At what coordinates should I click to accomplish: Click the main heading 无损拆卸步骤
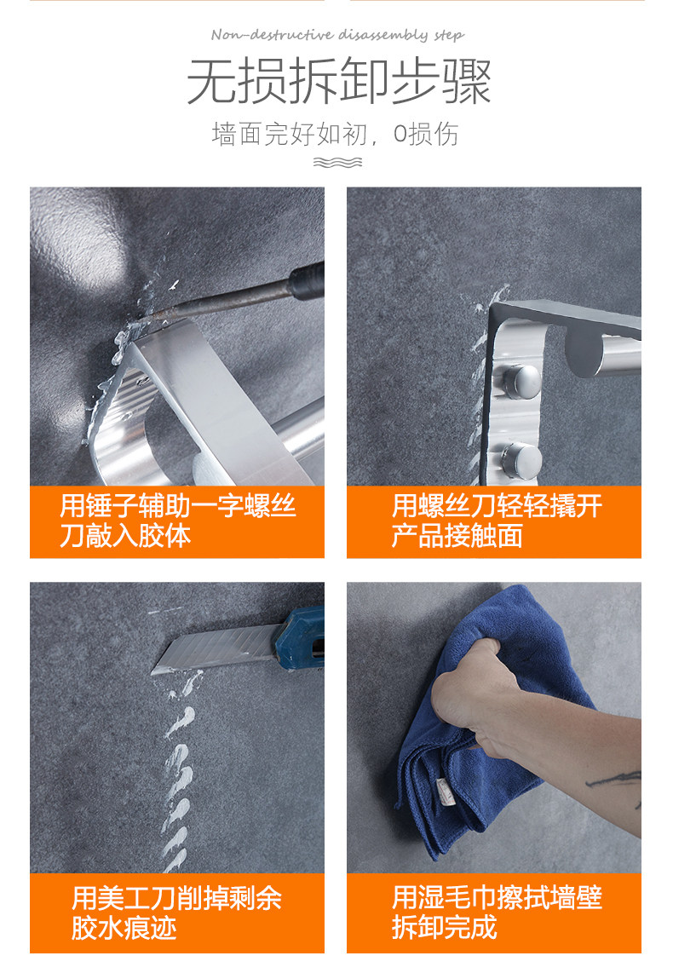click(339, 81)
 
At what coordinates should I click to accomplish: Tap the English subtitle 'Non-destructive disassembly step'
click(337, 35)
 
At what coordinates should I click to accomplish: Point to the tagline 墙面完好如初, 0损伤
click(335, 134)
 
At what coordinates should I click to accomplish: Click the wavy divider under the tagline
click(337, 163)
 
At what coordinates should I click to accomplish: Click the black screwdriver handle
click(308, 281)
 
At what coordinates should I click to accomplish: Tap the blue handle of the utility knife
click(300, 638)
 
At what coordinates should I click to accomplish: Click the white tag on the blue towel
click(444, 787)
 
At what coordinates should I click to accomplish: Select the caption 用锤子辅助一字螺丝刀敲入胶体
click(177, 521)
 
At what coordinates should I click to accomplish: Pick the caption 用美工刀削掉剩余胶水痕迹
click(177, 913)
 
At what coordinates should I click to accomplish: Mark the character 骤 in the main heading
click(467, 81)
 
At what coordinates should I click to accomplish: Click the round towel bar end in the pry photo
click(585, 354)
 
